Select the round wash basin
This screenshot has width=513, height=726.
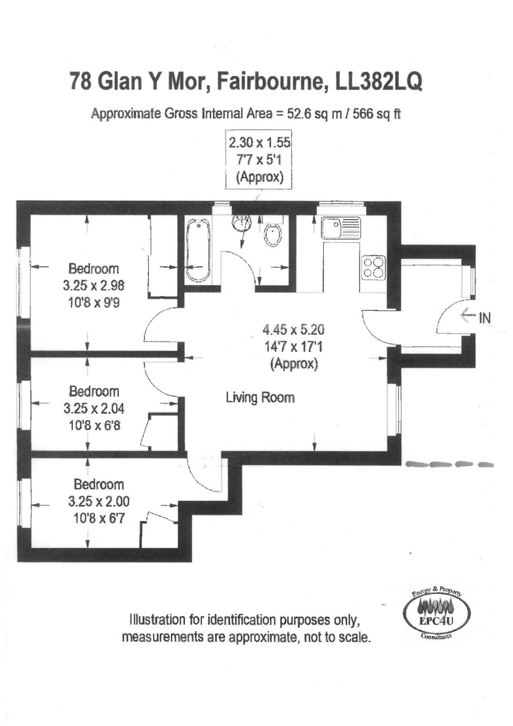point(242,223)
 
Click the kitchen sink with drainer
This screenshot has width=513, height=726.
point(341,229)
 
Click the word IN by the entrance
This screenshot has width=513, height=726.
point(484,318)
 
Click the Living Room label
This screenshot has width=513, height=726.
point(260,397)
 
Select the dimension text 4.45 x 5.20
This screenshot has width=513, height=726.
point(293,330)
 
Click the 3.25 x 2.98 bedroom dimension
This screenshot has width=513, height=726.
point(93,286)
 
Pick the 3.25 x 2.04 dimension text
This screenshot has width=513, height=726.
point(94,409)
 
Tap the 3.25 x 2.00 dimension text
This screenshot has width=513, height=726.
point(99,502)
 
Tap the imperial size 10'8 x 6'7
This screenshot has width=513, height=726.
point(99,519)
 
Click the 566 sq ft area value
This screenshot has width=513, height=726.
point(377,114)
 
